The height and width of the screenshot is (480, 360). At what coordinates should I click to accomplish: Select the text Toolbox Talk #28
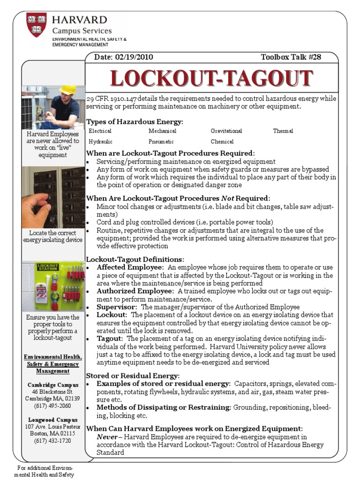pos(291,57)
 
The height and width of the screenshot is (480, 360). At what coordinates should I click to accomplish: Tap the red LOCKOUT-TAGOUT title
pos(211,78)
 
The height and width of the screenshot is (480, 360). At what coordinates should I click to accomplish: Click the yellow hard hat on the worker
pos(67,90)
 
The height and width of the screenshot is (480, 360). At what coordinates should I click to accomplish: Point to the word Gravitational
pos(226,131)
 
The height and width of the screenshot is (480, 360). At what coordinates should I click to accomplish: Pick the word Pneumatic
pos(161,142)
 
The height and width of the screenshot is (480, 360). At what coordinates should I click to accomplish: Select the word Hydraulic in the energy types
pos(100,142)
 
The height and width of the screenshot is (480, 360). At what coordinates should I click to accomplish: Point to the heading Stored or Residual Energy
pos(133,375)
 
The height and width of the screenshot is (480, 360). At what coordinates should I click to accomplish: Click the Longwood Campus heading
pos(52,420)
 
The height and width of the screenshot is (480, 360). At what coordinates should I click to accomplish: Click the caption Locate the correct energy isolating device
pos(52,236)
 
